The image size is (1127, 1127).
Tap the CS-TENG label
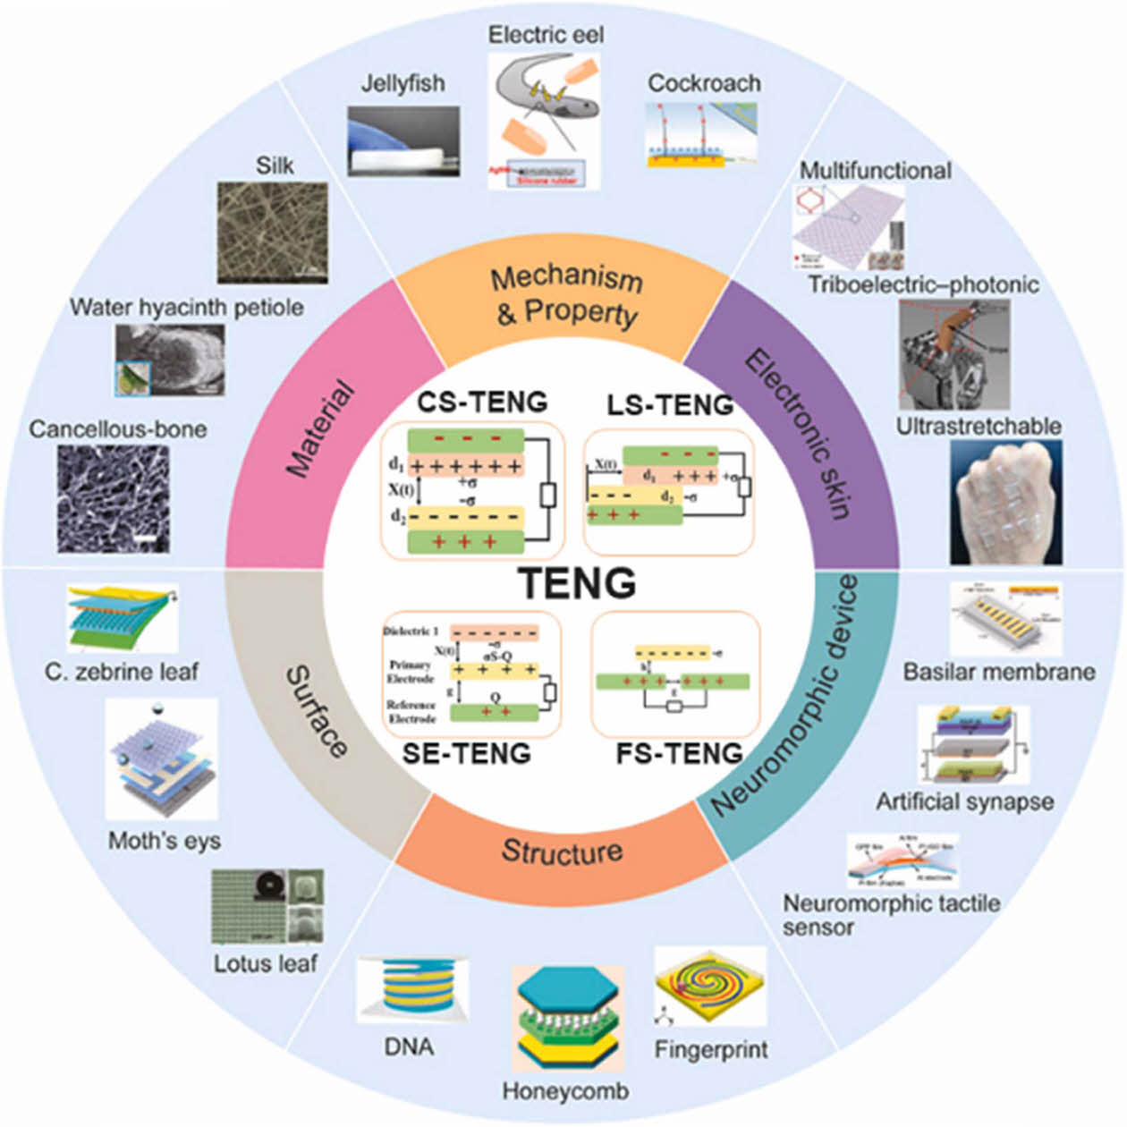pos(482,402)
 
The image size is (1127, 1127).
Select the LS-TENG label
pos(670,405)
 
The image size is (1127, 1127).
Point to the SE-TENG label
pos(466,753)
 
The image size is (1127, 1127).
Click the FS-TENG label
pos(679,753)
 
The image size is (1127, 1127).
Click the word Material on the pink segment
pos(320,428)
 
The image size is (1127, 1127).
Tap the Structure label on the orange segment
pos(562,851)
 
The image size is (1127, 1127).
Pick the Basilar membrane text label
pos(998,672)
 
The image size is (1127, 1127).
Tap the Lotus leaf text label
pos(265,963)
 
